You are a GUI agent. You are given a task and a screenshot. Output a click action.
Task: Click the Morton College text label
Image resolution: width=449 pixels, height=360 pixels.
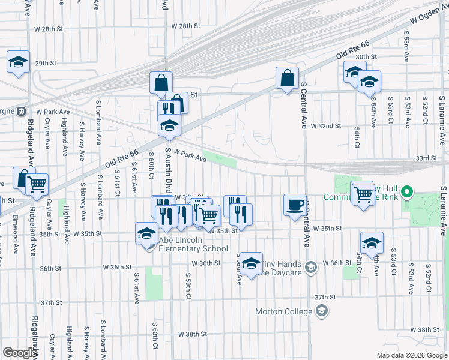(283, 311)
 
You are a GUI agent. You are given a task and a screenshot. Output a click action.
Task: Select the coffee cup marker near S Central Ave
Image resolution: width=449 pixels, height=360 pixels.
(295, 205)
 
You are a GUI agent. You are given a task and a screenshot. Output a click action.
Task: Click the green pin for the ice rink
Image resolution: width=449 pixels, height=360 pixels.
(407, 193)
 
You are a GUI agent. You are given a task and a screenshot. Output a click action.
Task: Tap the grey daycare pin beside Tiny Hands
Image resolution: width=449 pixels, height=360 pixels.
(310, 267)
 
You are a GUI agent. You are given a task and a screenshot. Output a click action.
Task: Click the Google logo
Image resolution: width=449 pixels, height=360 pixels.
(19, 353)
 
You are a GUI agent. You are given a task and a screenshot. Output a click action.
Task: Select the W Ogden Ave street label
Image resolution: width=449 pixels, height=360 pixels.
(429, 13)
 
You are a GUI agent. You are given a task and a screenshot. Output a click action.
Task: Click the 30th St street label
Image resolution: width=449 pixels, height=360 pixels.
(366, 56)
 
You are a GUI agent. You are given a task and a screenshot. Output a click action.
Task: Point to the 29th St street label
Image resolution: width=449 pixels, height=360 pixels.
(44, 63)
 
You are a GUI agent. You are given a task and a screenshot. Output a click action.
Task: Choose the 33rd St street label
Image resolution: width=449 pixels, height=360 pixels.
(426, 158)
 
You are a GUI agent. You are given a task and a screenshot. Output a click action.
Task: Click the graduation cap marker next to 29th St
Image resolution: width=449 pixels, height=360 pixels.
(19, 62)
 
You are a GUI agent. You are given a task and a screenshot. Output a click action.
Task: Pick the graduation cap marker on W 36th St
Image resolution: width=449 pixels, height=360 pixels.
(252, 263)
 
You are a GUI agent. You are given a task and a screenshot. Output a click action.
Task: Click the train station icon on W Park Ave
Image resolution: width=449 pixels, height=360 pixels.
(22, 111)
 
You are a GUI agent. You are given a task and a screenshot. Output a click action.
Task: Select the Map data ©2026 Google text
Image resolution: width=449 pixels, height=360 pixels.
(412, 355)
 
